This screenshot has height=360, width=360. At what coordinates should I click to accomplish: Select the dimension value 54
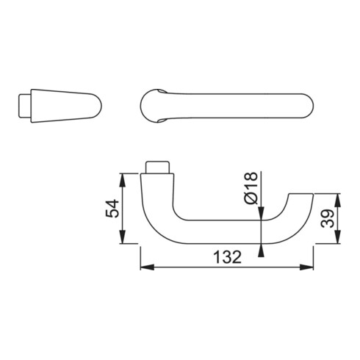(x=109, y=210)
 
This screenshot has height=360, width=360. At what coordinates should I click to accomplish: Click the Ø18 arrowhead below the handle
(x=262, y=251)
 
